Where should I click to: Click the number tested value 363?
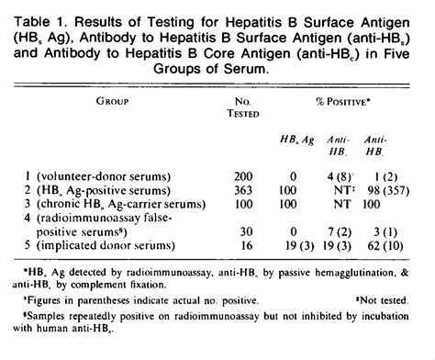(217, 187)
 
